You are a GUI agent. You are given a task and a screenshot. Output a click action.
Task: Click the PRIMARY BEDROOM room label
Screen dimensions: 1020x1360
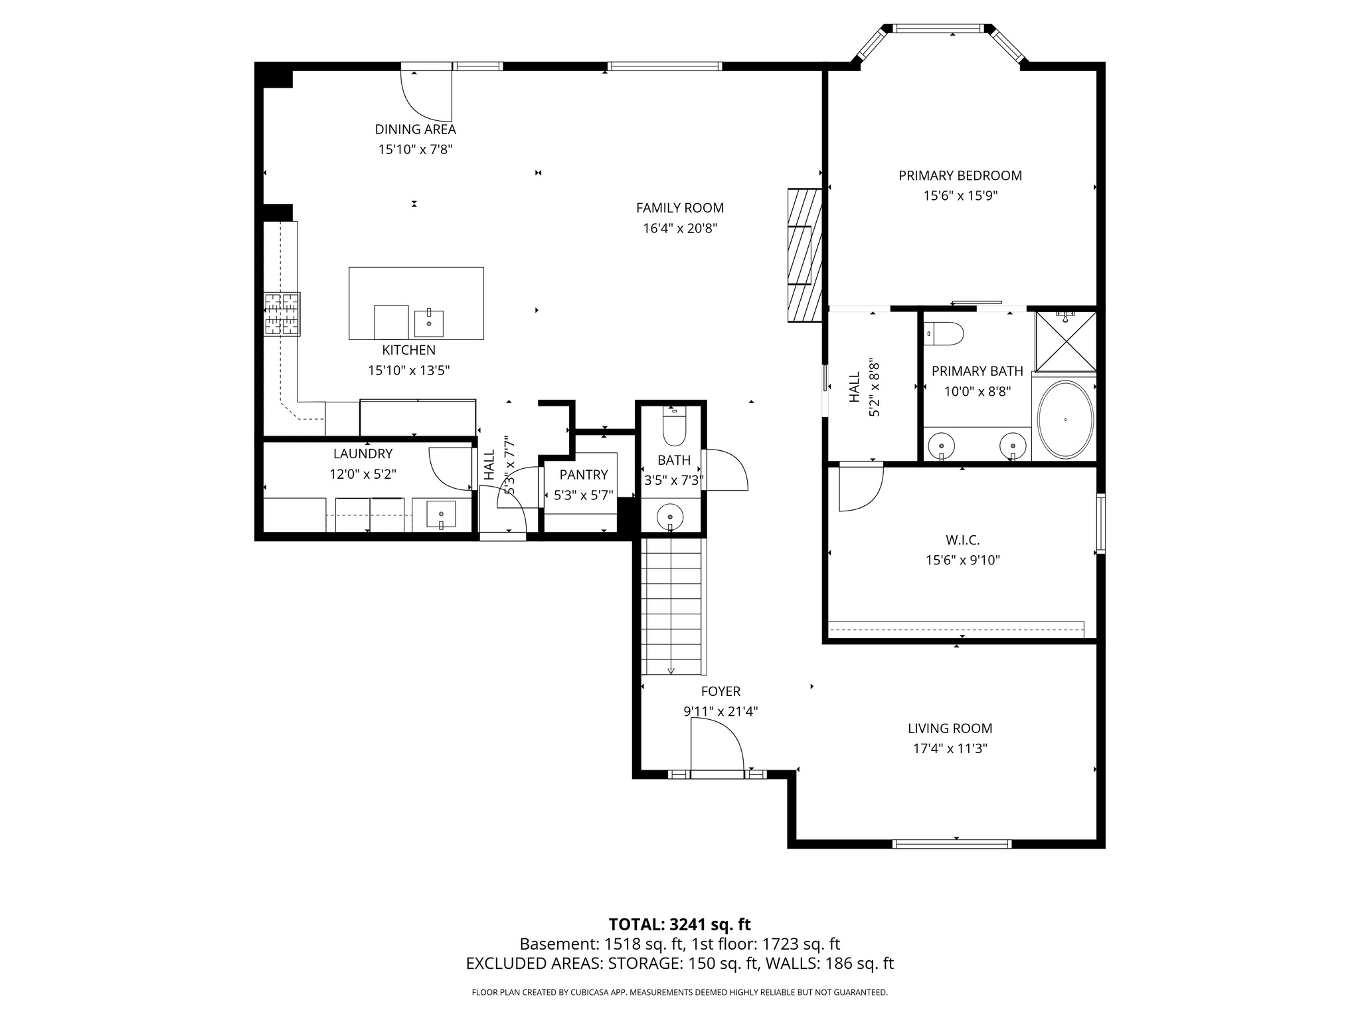(960, 175)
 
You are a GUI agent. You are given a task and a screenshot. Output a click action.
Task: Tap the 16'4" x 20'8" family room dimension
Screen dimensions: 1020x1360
(679, 228)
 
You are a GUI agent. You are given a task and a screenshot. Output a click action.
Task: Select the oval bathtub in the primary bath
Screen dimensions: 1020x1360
(1064, 419)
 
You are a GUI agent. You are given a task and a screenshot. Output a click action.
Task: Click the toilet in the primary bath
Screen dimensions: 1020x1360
(944, 333)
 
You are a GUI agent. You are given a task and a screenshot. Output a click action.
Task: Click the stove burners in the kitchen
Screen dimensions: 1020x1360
(282, 314)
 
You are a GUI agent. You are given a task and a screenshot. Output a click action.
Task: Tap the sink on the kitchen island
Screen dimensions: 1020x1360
(429, 323)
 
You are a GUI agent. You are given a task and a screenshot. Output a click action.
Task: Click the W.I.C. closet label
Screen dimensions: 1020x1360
(962, 540)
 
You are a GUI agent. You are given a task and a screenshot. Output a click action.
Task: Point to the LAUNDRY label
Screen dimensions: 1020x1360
(363, 454)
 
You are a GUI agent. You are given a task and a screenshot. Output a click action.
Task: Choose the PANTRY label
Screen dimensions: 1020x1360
(583, 474)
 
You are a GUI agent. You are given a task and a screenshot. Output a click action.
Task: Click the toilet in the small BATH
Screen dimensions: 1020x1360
(674, 429)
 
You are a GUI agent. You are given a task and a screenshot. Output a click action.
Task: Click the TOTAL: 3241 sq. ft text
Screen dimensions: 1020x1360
(679, 924)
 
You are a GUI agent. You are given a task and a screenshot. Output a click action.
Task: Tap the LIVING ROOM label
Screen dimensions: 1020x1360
(950, 728)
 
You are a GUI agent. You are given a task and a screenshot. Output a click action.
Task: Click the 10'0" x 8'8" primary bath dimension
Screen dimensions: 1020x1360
(977, 391)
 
